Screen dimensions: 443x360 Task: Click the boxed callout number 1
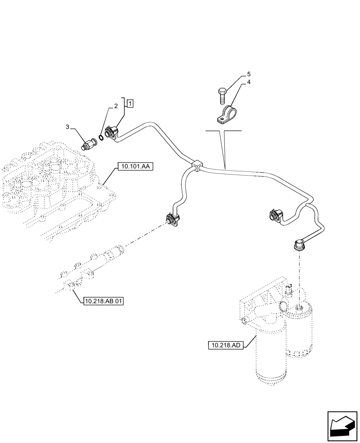click(129, 104)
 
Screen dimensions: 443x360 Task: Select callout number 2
click(116, 106)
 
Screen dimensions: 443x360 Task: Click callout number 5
click(249, 74)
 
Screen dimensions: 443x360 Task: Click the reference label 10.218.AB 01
click(103, 302)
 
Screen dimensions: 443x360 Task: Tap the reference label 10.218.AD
click(226, 344)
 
